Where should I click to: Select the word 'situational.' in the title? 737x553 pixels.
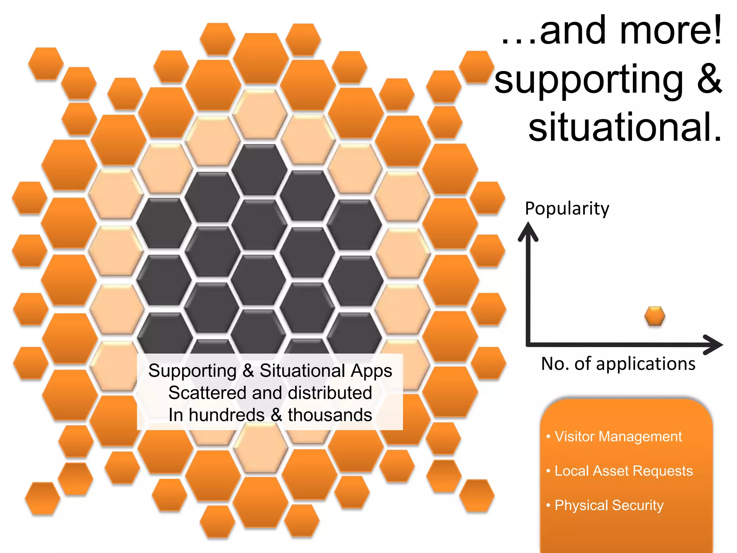pyautogui.click(x=625, y=127)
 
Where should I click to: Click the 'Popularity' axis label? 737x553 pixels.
pyautogui.click(x=567, y=209)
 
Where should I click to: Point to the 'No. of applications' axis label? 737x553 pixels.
pyautogui.click(x=618, y=364)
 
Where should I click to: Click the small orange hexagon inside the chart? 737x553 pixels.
pyautogui.click(x=655, y=316)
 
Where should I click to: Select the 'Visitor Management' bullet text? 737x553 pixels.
pyautogui.click(x=618, y=436)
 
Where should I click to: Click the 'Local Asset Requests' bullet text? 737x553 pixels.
pyautogui.click(x=623, y=471)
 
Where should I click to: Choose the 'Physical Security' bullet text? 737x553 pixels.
pyautogui.click(x=609, y=505)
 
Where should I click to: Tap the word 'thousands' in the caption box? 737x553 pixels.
pyautogui.click(x=330, y=415)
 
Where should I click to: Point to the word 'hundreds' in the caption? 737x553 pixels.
pyautogui.click(x=227, y=415)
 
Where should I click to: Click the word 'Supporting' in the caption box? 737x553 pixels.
pyautogui.click(x=192, y=371)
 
